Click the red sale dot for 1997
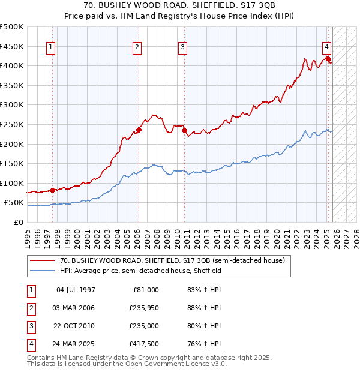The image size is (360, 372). (x=52, y=190)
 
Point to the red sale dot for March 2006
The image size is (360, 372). (x=138, y=130)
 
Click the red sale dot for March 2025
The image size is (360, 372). (x=328, y=58)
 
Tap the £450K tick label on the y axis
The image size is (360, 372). (x=12, y=46)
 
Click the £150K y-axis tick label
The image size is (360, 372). (x=12, y=163)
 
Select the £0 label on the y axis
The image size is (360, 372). (x=18, y=222)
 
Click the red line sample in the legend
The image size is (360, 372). (x=43, y=261)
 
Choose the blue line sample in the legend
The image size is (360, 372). (x=43, y=271)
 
